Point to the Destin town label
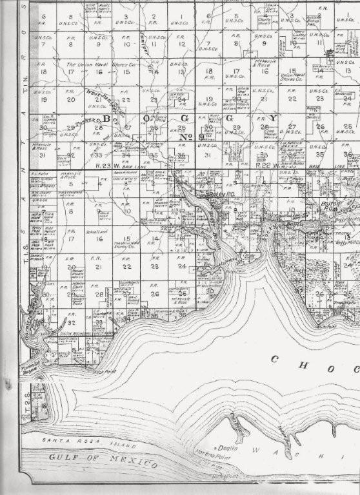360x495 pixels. [x=227, y=448]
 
